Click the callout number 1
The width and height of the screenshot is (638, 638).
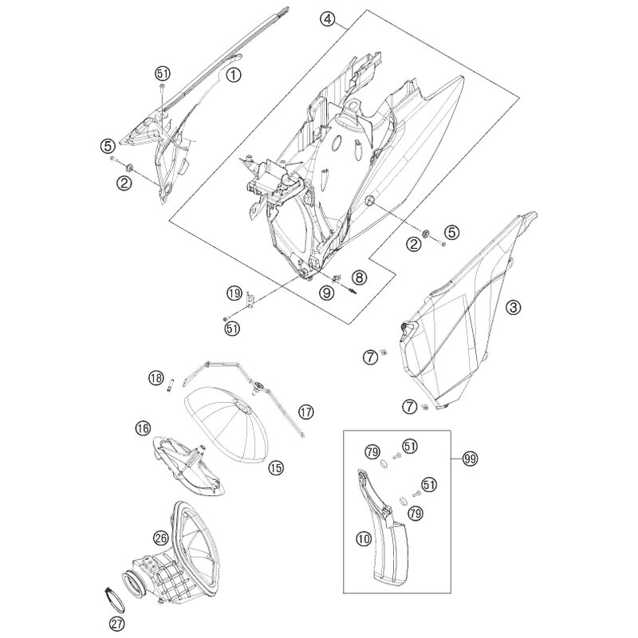tap(233, 75)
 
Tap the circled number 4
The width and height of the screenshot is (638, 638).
tap(328, 19)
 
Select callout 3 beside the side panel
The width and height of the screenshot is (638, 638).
tap(513, 307)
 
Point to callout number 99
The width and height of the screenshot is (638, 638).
tap(471, 459)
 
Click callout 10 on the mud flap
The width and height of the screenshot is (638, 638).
tap(364, 539)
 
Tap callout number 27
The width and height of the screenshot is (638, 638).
tap(116, 624)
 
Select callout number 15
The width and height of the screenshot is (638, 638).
tap(276, 468)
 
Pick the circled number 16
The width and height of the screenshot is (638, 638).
tap(144, 428)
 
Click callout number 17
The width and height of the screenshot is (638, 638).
tap(306, 412)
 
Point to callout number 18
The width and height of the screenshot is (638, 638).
tap(156, 378)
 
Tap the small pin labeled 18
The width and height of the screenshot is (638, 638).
tap(170, 384)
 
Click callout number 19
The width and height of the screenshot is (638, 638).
tap(234, 293)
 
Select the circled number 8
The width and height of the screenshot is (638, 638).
tap(359, 278)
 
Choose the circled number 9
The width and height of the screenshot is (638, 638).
tap(327, 292)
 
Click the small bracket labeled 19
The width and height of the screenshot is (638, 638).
tap(250, 299)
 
